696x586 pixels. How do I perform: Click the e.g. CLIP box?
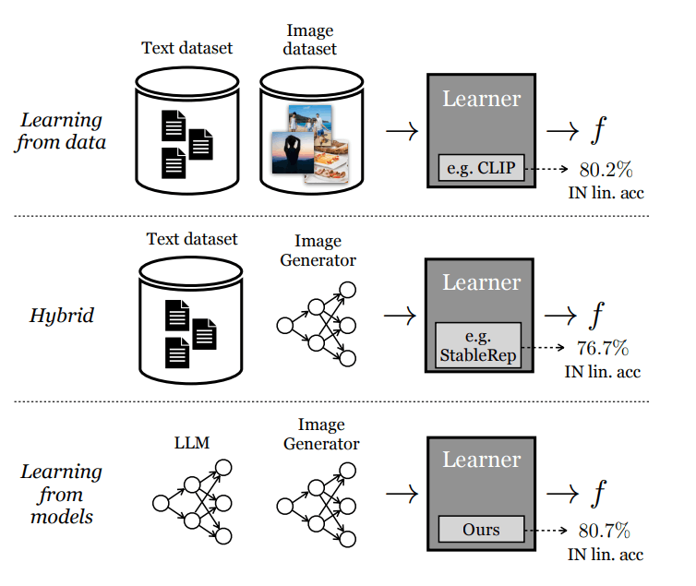pos(481,169)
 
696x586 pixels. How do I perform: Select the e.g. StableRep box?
pos(478,344)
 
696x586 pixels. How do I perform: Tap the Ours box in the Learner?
pos(481,529)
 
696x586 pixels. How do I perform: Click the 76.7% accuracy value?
pos(604,348)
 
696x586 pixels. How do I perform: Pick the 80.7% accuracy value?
pos(605,531)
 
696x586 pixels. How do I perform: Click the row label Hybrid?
pos(63,315)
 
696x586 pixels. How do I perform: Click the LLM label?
pos(191,444)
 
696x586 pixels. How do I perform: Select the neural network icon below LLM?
pos(191,503)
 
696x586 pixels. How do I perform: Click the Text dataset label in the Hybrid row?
pos(191,239)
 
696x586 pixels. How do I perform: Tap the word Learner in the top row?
pos(481,98)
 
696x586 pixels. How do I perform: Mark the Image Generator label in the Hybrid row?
pos(316,250)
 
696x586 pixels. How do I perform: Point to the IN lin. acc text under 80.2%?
pos(604,192)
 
